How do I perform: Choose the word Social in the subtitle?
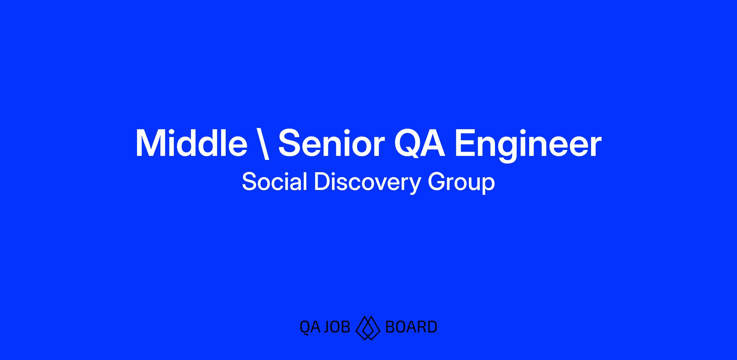(x=275, y=182)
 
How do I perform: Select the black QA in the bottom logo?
(x=310, y=327)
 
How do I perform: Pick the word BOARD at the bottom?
(x=411, y=327)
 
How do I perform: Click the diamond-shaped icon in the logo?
(x=368, y=328)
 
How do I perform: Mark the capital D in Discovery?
(x=322, y=182)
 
